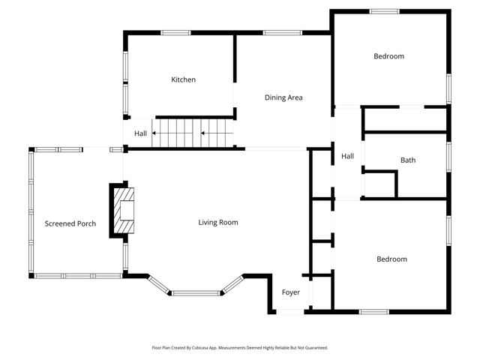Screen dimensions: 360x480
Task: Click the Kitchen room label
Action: coord(183,79)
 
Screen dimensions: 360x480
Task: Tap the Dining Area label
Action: coord(283,97)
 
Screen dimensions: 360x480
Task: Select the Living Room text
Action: coord(217,222)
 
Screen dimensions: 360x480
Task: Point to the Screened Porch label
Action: coord(70,223)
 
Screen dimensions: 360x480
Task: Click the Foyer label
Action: coord(291,292)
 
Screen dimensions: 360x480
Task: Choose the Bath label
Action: coord(407,160)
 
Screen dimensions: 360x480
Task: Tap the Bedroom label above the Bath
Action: coord(388,56)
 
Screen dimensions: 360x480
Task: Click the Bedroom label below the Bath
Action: coord(391,259)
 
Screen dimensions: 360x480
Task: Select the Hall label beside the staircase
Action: coord(140,134)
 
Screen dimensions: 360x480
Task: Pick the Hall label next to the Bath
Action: coord(347,156)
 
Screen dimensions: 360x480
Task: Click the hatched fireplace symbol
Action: coord(125,211)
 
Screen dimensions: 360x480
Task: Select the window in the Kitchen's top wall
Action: coord(176,32)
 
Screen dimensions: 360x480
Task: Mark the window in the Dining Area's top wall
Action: coord(277,32)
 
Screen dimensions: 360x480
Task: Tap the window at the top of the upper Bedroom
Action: coord(383,10)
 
